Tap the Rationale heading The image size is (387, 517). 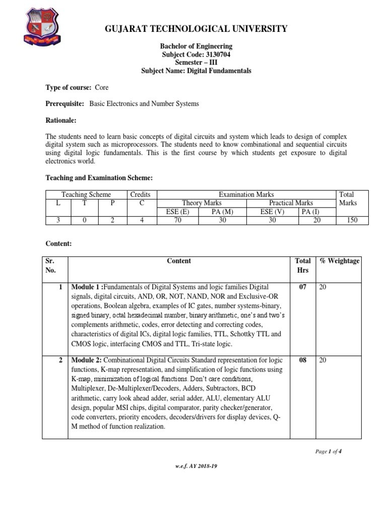point(61,121)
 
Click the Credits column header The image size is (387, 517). point(141,194)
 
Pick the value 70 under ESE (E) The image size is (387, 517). point(177,220)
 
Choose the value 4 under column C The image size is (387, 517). point(141,220)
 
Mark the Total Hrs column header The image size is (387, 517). point(302,265)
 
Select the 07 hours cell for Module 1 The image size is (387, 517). point(302,287)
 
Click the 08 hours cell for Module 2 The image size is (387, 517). point(302,360)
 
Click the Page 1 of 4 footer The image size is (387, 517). point(328,451)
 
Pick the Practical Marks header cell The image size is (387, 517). point(291,203)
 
